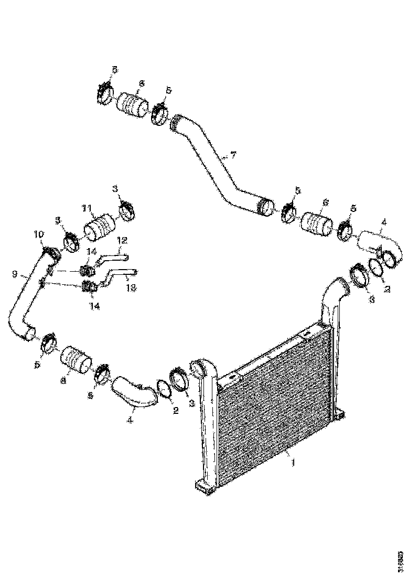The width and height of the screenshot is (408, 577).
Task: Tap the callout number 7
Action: point(233,155)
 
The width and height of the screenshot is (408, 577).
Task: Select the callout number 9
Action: point(15,274)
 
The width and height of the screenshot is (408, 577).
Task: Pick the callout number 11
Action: point(87,208)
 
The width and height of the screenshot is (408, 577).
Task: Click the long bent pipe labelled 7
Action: point(215,163)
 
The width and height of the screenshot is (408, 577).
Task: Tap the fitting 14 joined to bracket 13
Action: point(89,287)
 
